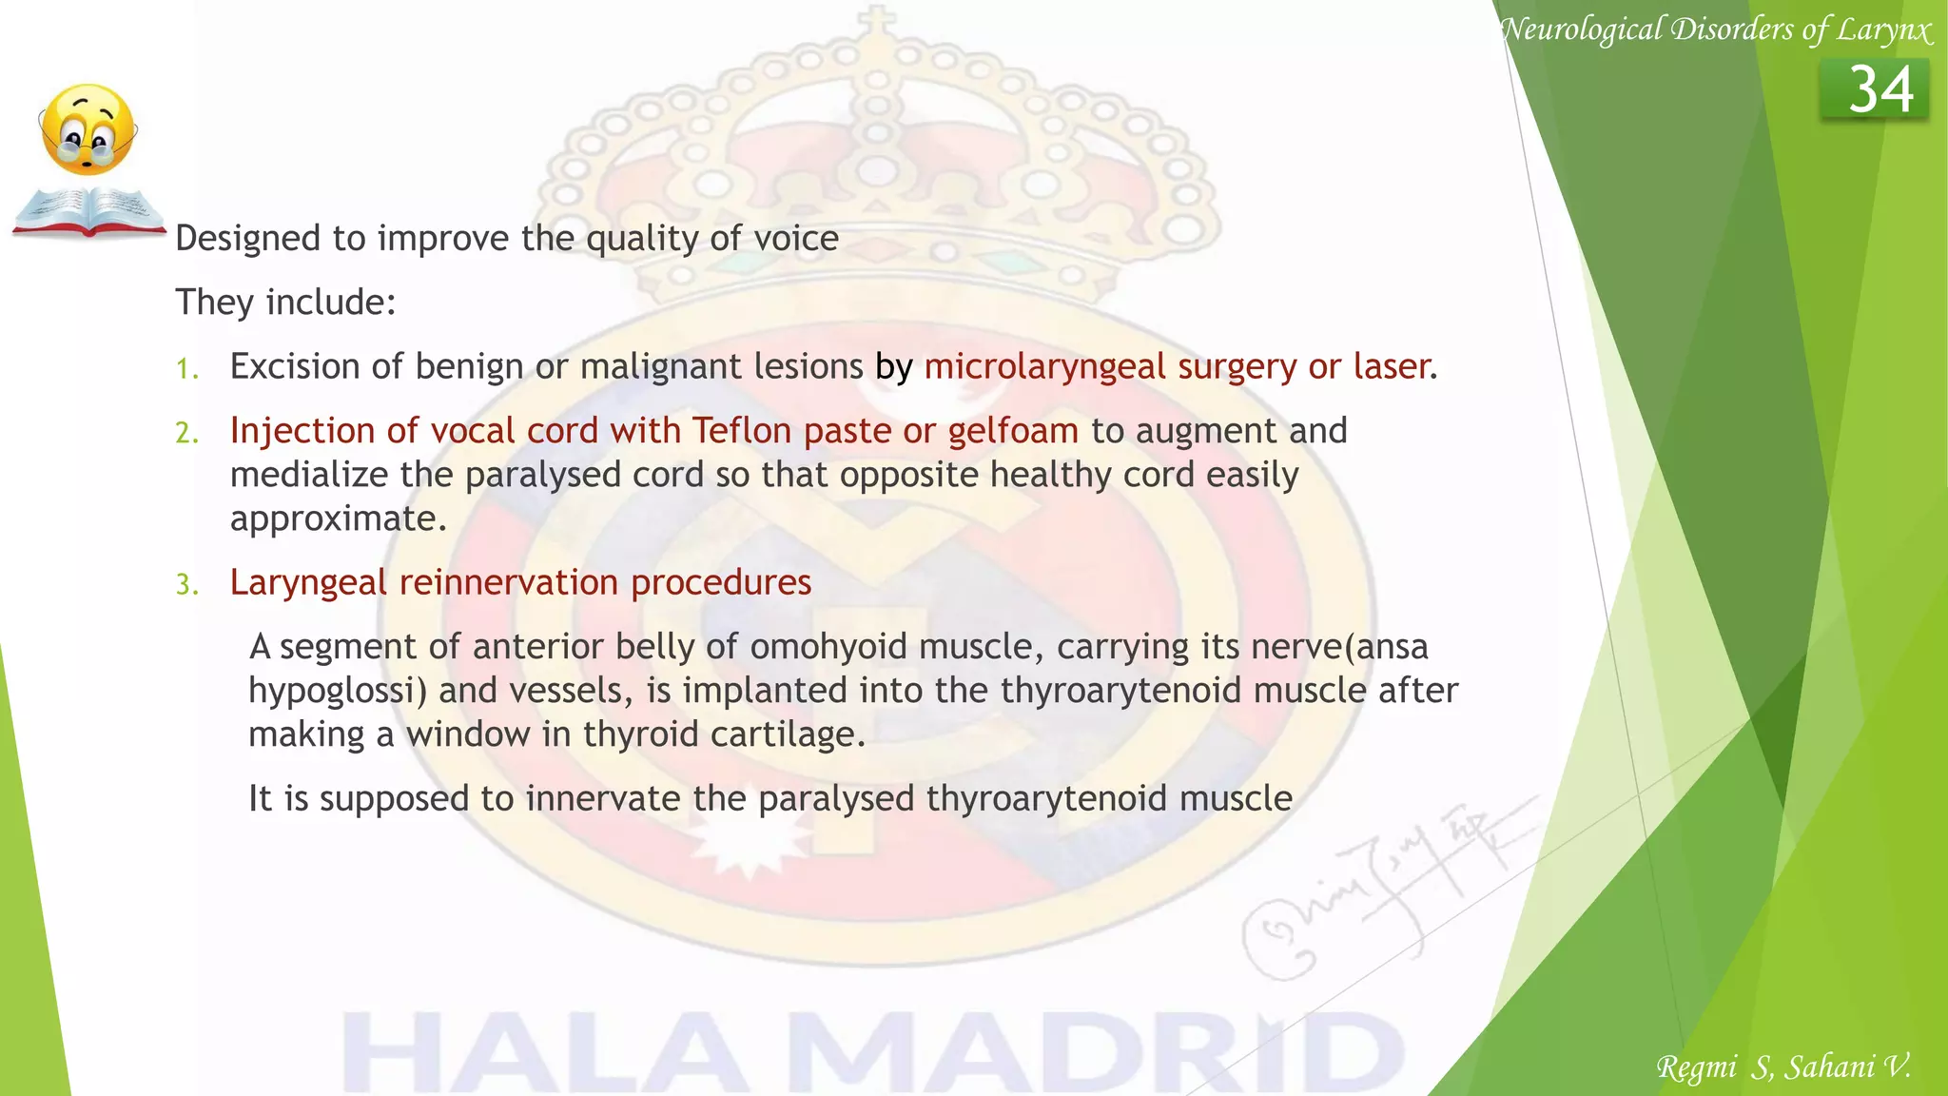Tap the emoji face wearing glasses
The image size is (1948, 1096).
click(88, 129)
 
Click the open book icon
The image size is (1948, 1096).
click(88, 211)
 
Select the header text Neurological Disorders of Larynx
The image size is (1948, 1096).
click(1717, 29)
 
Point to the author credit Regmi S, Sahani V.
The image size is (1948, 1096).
click(1783, 1067)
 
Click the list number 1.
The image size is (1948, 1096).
click(186, 368)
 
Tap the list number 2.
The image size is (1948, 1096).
click(186, 433)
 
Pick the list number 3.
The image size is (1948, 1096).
click(186, 584)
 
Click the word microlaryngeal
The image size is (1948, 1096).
click(1044, 367)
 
